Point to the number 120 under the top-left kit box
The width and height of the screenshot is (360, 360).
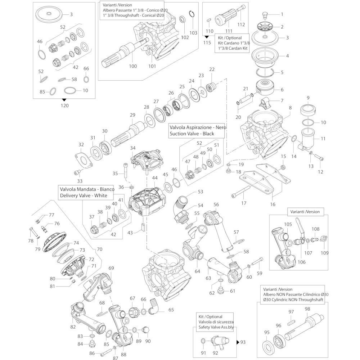coord(65,105)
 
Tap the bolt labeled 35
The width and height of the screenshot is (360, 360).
coord(125,170)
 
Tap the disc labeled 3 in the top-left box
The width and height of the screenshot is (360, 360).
coord(48,14)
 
